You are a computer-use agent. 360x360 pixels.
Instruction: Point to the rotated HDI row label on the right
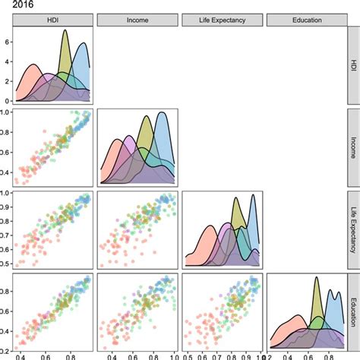tap(352, 66)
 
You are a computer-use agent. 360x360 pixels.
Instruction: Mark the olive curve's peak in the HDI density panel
tap(65, 31)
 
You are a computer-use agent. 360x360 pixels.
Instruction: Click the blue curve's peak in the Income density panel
tap(161, 112)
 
